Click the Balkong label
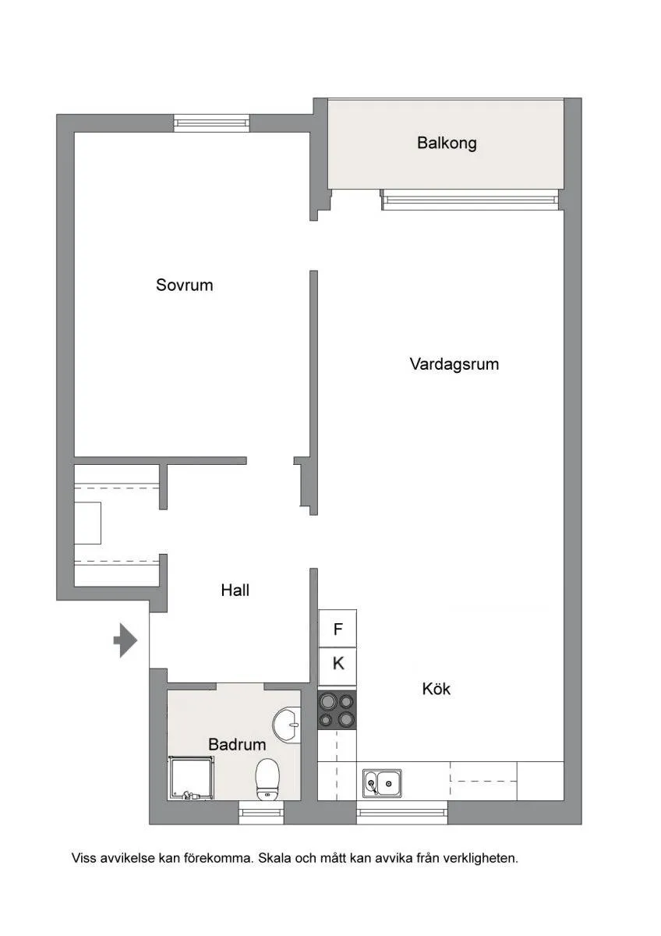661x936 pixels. click(x=446, y=144)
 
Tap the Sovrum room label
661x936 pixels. click(x=184, y=285)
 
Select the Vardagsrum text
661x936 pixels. click(x=454, y=363)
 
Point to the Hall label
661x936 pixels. click(x=235, y=590)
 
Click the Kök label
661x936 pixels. click(x=436, y=689)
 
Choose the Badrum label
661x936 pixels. click(x=237, y=745)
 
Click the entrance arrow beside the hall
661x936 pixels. click(x=125, y=640)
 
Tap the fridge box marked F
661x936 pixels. click(x=338, y=629)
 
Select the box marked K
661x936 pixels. click(x=338, y=665)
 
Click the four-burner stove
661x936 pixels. click(x=337, y=710)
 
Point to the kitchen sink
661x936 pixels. click(x=382, y=782)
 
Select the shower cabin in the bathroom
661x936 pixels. click(x=191, y=778)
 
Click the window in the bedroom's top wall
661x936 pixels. click(x=211, y=122)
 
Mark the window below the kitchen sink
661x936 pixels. click(x=401, y=813)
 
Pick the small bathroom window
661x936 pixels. click(x=261, y=813)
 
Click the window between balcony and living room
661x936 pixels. click(x=471, y=200)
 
